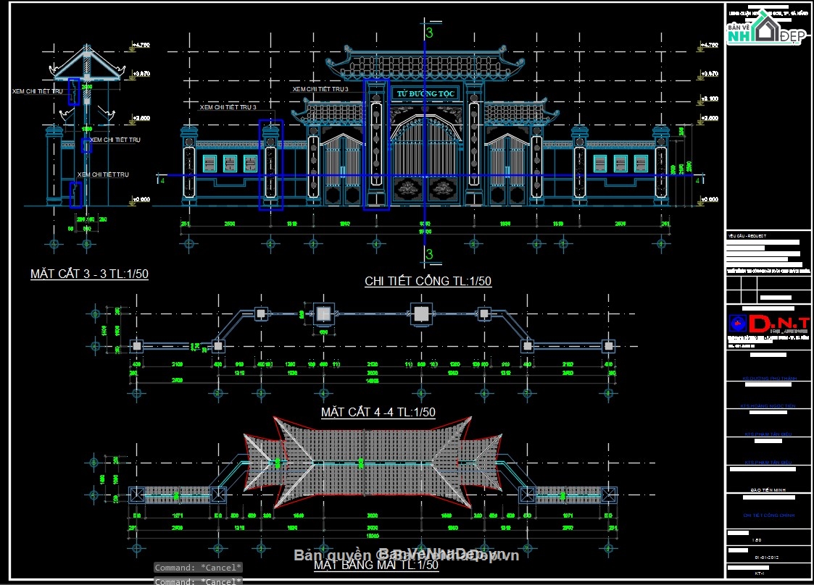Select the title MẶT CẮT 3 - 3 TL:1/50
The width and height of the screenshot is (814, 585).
pyautogui.click(x=89, y=274)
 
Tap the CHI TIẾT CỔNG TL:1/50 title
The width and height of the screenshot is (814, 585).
pyautogui.click(x=428, y=282)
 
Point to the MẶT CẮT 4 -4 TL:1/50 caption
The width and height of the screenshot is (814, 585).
pyautogui.click(x=378, y=412)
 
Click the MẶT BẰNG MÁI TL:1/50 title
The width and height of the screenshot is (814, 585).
pyautogui.click(x=376, y=565)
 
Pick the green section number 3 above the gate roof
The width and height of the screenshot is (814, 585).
pyautogui.click(x=429, y=33)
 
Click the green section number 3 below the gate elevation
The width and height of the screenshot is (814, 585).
pyautogui.click(x=429, y=254)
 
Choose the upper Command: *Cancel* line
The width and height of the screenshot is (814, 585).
pyautogui.click(x=198, y=568)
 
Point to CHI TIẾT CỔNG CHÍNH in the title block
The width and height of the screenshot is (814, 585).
pyautogui.click(x=769, y=515)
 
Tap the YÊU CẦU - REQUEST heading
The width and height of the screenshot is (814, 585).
pyautogui.click(x=747, y=236)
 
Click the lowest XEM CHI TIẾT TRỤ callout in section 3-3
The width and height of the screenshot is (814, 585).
pyautogui.click(x=103, y=174)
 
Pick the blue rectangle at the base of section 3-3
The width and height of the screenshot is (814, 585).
pyautogui.click(x=75, y=194)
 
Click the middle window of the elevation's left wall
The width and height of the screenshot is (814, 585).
pyautogui.click(x=231, y=164)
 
